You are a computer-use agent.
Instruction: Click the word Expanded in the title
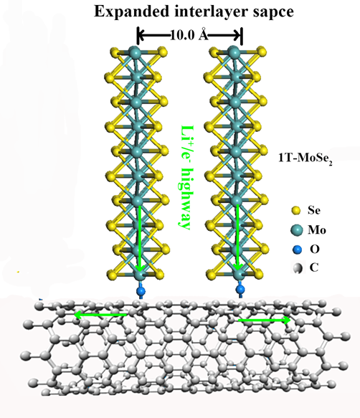[x=132, y=12]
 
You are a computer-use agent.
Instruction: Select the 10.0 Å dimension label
[x=189, y=35]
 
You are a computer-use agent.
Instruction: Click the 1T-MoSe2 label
[x=305, y=159]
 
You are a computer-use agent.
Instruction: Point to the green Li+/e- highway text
[x=185, y=177]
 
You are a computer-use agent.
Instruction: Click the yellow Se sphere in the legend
[x=295, y=211]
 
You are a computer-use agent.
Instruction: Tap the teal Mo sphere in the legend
[x=297, y=230]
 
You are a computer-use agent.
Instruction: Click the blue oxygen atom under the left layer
[x=141, y=290]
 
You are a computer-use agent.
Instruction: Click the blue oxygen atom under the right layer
[x=240, y=289]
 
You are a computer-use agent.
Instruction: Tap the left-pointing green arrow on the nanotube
[x=100, y=315]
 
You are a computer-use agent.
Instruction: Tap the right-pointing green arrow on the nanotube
[x=265, y=320]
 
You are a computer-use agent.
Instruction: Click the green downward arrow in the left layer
[x=140, y=238]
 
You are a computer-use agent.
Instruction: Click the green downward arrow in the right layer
[x=237, y=237]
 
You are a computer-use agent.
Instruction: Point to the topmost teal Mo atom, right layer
[x=234, y=52]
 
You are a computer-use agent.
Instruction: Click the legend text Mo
[x=317, y=230]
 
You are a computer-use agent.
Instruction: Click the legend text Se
[x=314, y=210]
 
